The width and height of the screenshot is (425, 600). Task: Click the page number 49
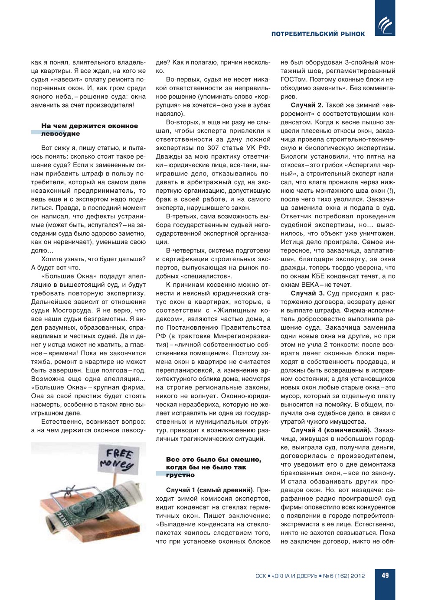[385, 575]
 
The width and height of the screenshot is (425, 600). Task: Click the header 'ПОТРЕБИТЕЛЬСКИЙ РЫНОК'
[318, 34]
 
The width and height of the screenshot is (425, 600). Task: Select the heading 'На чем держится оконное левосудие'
[89, 130]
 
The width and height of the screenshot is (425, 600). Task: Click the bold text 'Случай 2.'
[307, 105]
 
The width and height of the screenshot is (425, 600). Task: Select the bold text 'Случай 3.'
[307, 293]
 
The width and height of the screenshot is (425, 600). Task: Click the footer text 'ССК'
[261, 576]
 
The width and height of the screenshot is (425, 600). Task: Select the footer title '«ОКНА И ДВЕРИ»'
[294, 576]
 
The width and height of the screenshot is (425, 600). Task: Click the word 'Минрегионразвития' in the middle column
[243, 336]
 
